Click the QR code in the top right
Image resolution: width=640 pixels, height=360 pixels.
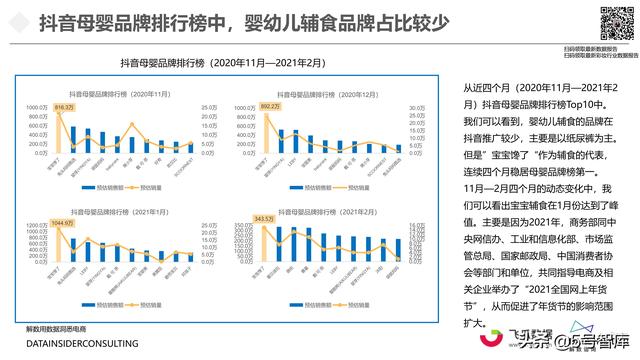point(612,23)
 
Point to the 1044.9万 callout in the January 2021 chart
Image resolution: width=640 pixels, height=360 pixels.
point(63,223)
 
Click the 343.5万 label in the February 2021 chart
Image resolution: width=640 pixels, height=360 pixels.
point(265,218)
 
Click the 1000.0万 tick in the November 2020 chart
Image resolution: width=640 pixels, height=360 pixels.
point(37,107)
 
